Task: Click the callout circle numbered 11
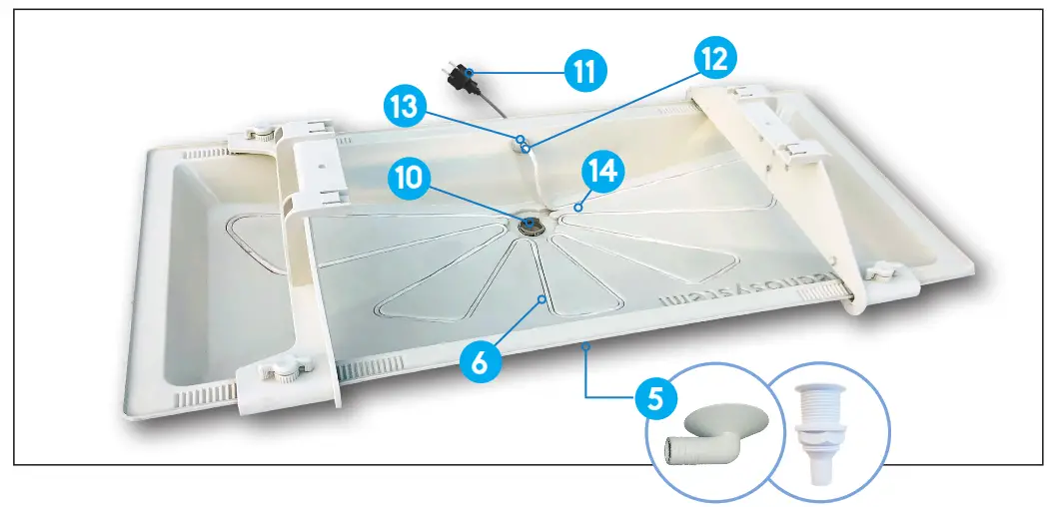tap(584, 72)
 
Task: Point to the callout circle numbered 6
tap(480, 361)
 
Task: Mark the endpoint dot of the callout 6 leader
tap(541, 298)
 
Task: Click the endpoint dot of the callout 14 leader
tap(578, 209)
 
